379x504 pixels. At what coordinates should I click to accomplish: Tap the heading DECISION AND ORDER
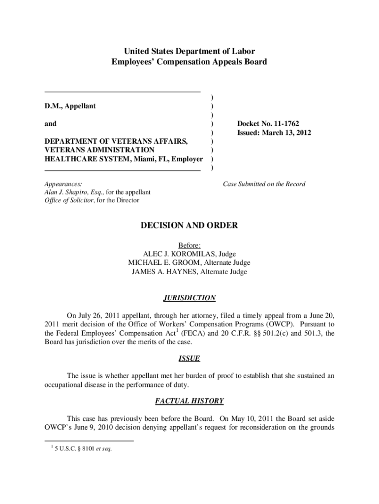pos(189,225)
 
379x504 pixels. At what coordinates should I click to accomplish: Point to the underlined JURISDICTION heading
pos(189,298)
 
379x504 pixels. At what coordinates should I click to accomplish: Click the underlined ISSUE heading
pos(189,359)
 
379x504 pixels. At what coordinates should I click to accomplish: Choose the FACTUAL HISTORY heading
pos(189,401)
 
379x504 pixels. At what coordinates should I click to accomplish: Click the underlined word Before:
pos(189,245)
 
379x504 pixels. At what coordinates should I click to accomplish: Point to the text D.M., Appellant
pos(70,106)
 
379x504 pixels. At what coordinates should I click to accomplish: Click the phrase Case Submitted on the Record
pos(264,184)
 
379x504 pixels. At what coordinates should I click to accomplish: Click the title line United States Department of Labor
pos(189,51)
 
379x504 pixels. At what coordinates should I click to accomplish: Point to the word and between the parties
pos(51,124)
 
